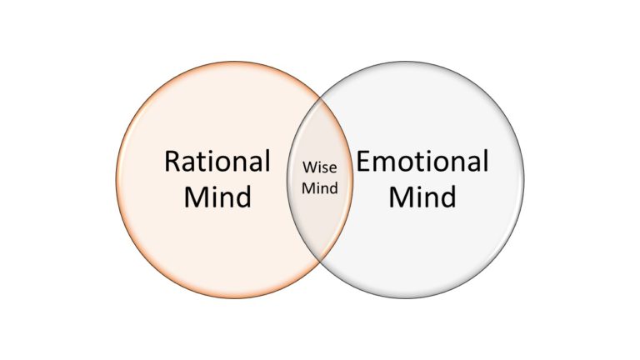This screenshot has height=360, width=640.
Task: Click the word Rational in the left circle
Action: point(217,162)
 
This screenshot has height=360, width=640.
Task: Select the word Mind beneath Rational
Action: point(217,198)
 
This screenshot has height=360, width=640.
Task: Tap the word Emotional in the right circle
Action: point(422,162)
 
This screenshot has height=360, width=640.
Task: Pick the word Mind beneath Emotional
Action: point(422,198)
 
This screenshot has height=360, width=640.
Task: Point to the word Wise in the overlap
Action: point(320,171)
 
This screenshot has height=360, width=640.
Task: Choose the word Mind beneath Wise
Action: point(320,188)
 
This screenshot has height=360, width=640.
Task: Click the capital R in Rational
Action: point(172,162)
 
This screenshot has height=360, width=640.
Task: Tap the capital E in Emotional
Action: point(363,162)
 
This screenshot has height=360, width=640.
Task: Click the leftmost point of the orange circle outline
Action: point(117,180)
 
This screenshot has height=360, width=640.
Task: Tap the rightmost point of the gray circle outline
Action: point(524,180)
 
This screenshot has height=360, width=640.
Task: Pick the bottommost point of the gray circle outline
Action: point(407,298)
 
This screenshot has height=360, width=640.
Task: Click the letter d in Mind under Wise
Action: point(333,188)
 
